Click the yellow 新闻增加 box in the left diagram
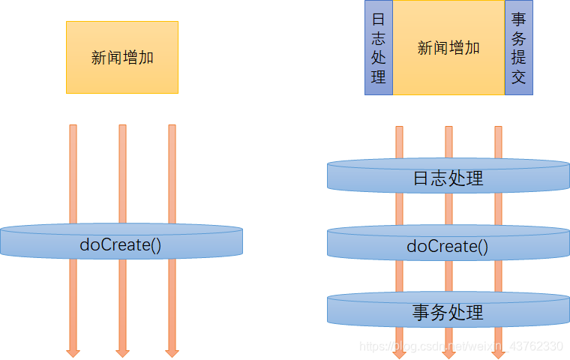122,57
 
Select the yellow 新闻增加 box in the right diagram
448,48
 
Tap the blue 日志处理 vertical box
379,48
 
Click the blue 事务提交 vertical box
518,48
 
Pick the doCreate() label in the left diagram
121,244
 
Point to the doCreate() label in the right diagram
448,246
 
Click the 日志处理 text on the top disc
448,178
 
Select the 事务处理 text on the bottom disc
448,312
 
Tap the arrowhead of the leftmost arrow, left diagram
73,351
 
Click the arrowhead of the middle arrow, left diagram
122,351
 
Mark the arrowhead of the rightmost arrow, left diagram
172,351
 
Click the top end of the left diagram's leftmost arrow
73,127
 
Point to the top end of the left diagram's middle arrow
122,127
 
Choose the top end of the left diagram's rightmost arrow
172,127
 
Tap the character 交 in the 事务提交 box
518,76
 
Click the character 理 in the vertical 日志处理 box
379,76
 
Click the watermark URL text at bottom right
460,346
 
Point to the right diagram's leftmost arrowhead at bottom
399,352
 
